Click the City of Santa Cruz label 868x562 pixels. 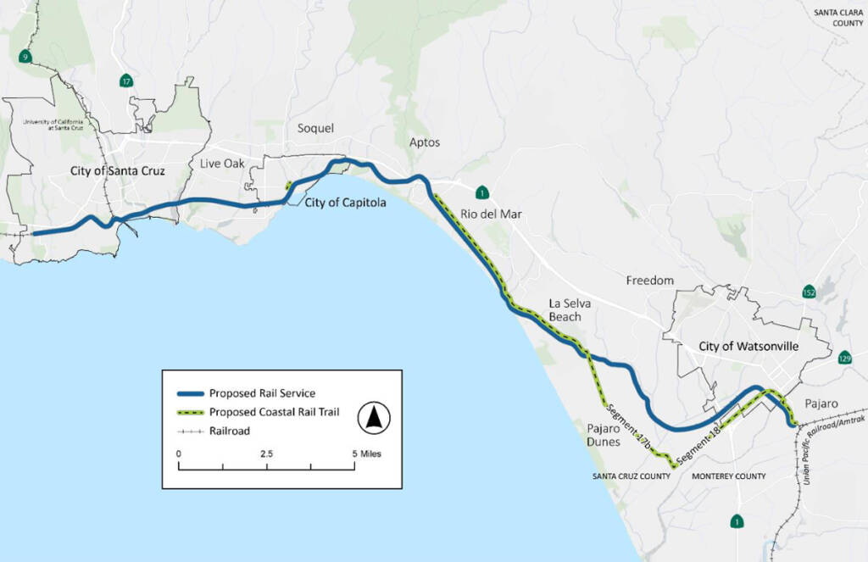pyautogui.click(x=117, y=171)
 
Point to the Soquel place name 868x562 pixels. pyautogui.click(x=315, y=128)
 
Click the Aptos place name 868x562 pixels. pyautogui.click(x=424, y=142)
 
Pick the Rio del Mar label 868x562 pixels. pyautogui.click(x=491, y=214)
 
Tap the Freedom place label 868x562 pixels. pyautogui.click(x=649, y=280)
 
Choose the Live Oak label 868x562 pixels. pyautogui.click(x=222, y=163)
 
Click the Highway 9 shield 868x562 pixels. pyautogui.click(x=25, y=57)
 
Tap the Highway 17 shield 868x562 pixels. pyautogui.click(x=126, y=81)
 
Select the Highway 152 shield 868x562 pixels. pyautogui.click(x=810, y=292)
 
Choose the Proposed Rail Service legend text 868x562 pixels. pyautogui.click(x=262, y=393)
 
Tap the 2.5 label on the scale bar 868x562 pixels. pyautogui.click(x=266, y=453)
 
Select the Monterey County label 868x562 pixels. pyautogui.click(x=729, y=476)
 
